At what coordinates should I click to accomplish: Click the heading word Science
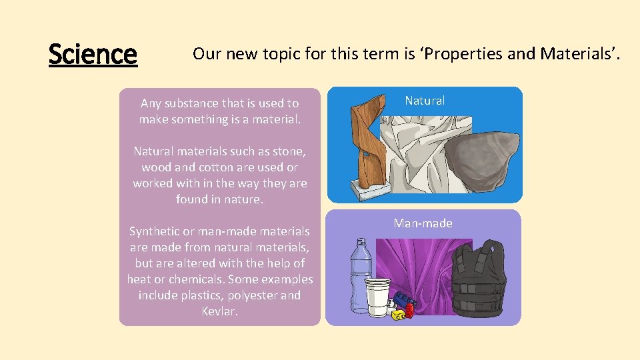(x=93, y=54)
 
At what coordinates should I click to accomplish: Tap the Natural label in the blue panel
(x=425, y=101)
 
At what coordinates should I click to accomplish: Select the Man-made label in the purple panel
(x=423, y=223)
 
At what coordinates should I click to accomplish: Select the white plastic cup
(x=378, y=297)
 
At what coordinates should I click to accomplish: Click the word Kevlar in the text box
(x=219, y=311)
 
